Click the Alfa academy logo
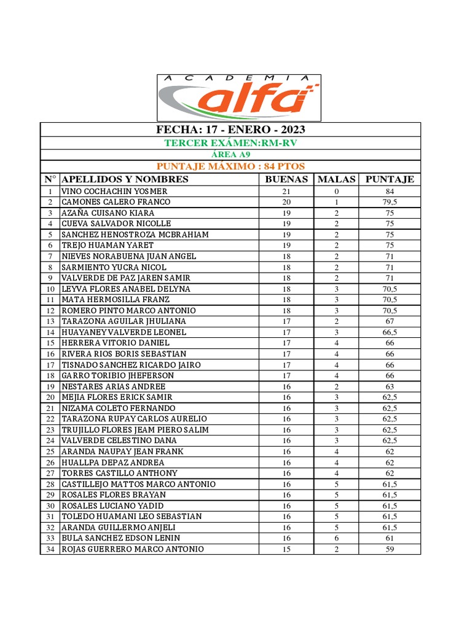click(x=239, y=98)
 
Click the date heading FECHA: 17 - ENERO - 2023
click(x=230, y=130)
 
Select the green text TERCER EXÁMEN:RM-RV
click(x=230, y=143)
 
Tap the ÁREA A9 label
click(x=230, y=155)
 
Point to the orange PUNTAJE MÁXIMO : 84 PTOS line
click(x=230, y=166)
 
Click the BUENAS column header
click(x=286, y=179)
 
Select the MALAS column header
click(x=336, y=179)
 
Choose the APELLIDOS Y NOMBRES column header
click(x=125, y=179)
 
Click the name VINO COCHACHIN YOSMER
click(x=114, y=191)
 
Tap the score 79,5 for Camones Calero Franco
click(x=390, y=202)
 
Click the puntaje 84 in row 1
click(x=390, y=191)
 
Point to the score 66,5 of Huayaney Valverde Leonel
click(x=390, y=332)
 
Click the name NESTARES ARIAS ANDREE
click(x=113, y=386)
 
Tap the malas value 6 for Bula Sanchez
click(x=337, y=538)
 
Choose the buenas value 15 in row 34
click(x=286, y=549)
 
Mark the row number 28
click(x=50, y=484)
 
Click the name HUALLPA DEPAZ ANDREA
click(x=112, y=463)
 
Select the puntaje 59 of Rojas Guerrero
click(x=390, y=549)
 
